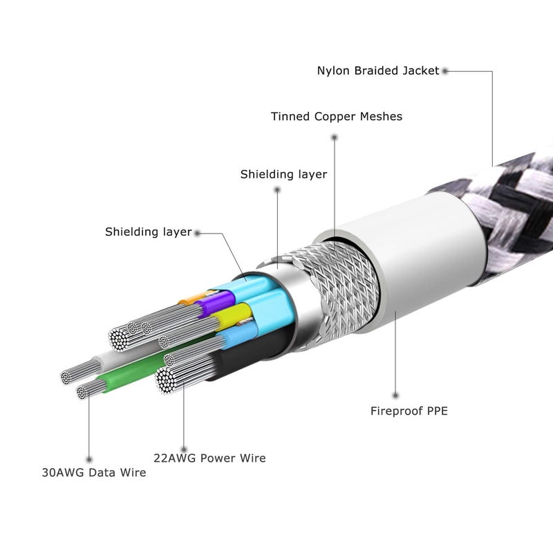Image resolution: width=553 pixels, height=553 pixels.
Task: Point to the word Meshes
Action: [381, 116]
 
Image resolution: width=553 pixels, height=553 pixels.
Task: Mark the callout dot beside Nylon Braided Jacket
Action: [445, 71]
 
